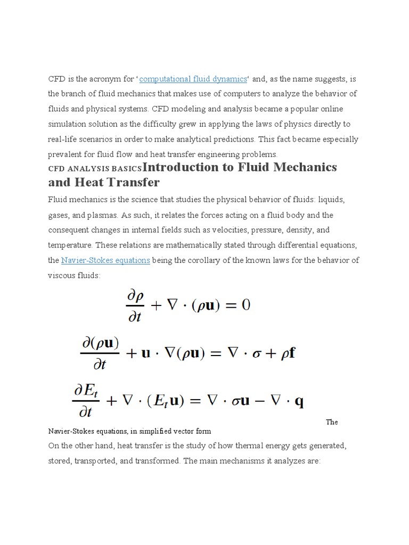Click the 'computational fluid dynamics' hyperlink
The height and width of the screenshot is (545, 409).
click(193, 79)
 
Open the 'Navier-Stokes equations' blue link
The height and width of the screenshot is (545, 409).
click(105, 260)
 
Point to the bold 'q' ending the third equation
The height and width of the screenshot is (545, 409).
click(299, 401)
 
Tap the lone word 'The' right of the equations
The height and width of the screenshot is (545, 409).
click(332, 422)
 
